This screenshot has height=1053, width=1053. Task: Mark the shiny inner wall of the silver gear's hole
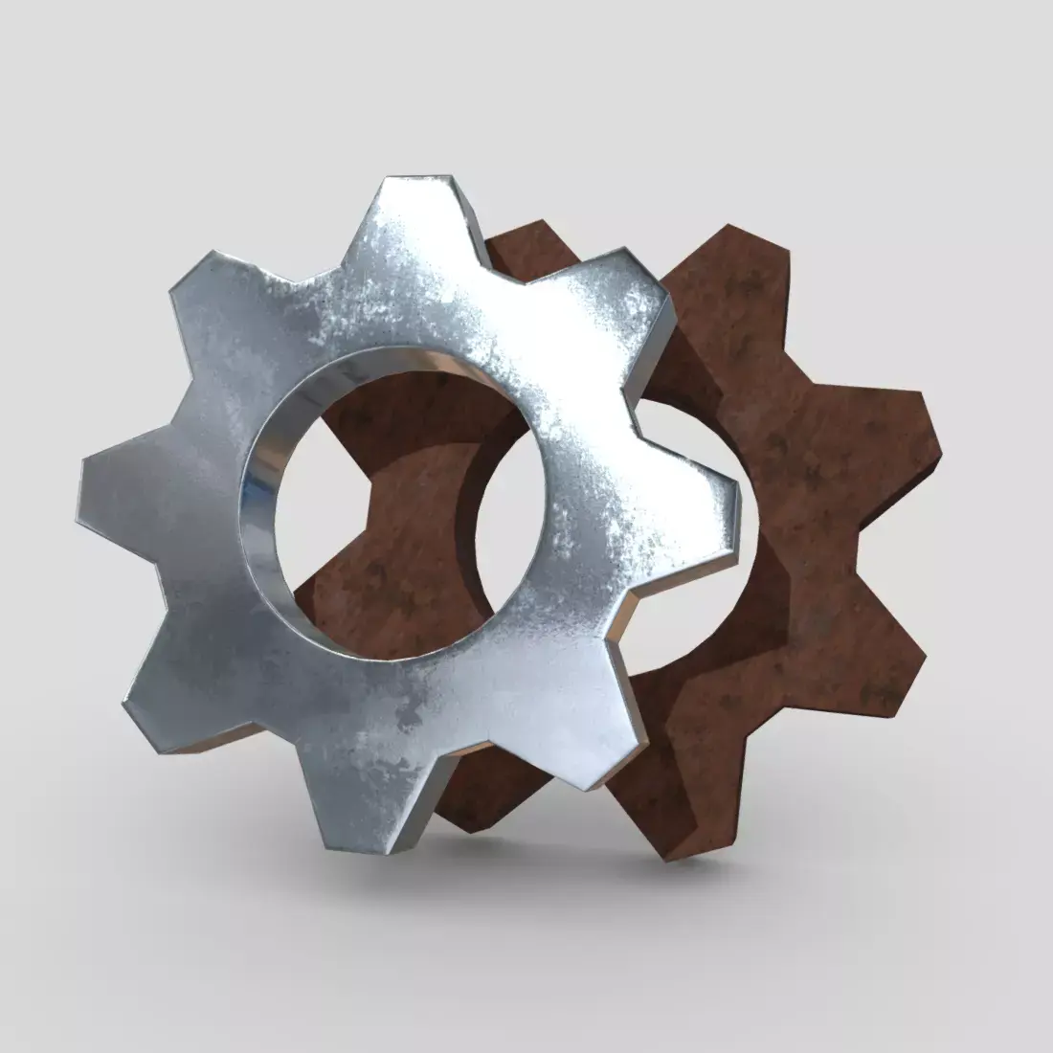click(263, 479)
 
